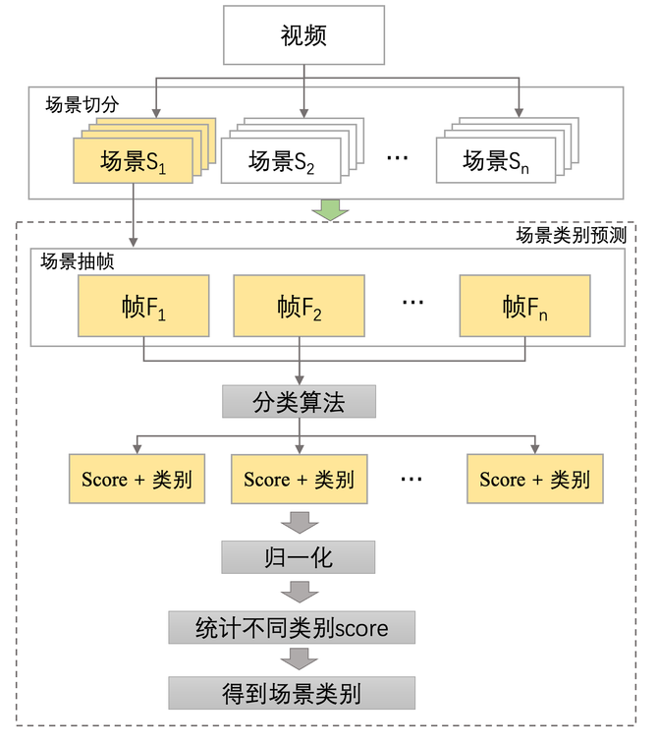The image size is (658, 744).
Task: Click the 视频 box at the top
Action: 303,37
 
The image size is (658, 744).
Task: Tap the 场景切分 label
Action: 82,103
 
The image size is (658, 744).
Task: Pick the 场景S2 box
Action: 281,161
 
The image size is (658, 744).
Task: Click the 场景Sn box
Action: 495,161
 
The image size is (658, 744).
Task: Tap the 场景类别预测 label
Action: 571,236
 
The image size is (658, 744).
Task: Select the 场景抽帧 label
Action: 77,261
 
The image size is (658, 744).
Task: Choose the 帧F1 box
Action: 143,307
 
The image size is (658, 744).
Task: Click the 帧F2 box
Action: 299,307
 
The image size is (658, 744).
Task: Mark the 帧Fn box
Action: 524,307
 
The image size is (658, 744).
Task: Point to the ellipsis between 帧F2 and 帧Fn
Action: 412,302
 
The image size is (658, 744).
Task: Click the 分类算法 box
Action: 299,402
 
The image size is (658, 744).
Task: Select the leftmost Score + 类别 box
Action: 137,480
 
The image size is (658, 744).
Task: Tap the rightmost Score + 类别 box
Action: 534,480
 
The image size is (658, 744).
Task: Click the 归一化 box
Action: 299,558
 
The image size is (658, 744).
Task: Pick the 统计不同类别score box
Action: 292,626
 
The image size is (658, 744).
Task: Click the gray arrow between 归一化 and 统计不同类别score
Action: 299,592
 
